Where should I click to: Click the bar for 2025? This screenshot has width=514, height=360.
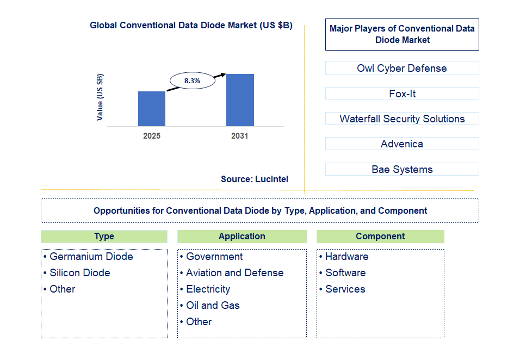coord(152,109)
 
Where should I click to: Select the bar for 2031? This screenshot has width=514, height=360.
coord(240,100)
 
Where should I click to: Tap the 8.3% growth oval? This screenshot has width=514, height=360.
coord(192,81)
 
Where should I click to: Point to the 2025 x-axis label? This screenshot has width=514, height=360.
coord(152,136)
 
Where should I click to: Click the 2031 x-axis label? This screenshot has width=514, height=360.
coord(240,136)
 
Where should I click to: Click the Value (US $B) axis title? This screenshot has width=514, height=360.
coord(100,97)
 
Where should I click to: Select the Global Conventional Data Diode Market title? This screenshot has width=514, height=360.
coord(191,25)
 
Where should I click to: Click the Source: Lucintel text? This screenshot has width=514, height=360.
coord(255,179)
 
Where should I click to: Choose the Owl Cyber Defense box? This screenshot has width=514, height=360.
coord(402,68)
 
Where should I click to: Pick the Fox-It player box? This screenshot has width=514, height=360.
coord(402,94)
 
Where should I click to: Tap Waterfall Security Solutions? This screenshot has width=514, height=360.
coord(402,119)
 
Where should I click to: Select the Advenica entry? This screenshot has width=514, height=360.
coord(402,144)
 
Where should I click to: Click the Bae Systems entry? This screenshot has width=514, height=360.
coord(402,169)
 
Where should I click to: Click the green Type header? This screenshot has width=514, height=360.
coord(104,237)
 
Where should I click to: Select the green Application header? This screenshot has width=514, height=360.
coord(242,237)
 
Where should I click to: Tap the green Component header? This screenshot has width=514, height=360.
coord(380,237)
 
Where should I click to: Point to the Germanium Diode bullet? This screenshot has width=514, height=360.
coord(91,257)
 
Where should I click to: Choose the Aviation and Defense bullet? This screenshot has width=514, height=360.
coord(234,273)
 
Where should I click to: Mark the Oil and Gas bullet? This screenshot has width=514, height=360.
coord(213,306)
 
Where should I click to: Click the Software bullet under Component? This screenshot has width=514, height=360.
coord(345,273)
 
